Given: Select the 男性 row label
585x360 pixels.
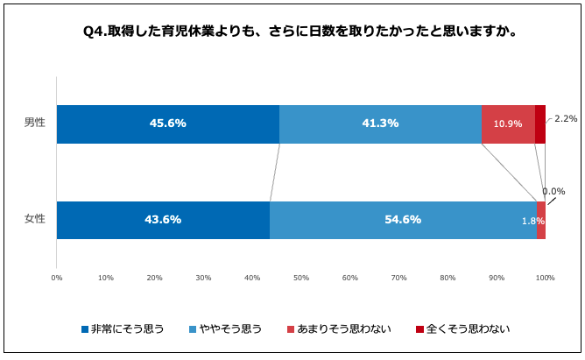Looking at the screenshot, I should click(35, 124).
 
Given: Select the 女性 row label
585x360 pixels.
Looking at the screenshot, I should click(35, 219).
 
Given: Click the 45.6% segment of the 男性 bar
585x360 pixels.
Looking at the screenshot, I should click(168, 124).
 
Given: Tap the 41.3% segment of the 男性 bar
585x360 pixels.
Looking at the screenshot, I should click(380, 124).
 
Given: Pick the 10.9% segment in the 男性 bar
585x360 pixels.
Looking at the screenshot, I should click(508, 124).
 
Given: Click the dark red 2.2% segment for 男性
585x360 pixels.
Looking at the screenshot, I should click(540, 124).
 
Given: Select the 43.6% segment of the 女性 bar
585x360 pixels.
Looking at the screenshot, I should click(163, 220).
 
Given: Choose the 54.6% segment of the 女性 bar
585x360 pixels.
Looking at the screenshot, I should click(403, 220).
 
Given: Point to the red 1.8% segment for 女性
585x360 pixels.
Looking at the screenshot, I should click(541, 220).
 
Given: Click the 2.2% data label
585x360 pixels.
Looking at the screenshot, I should click(566, 118).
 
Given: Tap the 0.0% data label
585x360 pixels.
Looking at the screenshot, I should click(553, 191).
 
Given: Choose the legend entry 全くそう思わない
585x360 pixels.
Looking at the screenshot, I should click(462, 329).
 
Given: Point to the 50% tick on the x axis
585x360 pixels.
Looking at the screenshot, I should click(301, 279).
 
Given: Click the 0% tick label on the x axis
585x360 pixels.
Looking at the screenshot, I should click(57, 279).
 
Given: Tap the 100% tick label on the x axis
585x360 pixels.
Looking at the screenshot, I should click(545, 279).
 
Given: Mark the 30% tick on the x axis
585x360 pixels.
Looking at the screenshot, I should click(203, 279).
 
